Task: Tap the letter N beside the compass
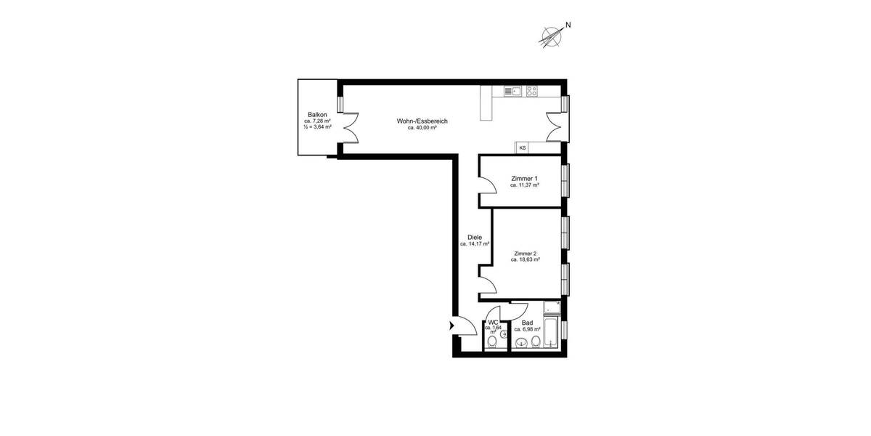click(568, 25)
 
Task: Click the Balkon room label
click(317, 115)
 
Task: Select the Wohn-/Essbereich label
click(422, 121)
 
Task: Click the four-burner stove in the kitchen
click(533, 92)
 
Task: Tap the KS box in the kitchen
click(522, 148)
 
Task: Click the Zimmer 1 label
click(524, 179)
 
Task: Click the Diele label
click(475, 237)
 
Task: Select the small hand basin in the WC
click(503, 334)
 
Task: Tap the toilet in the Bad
click(536, 344)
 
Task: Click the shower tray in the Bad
click(550, 307)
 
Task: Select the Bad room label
click(528, 323)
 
